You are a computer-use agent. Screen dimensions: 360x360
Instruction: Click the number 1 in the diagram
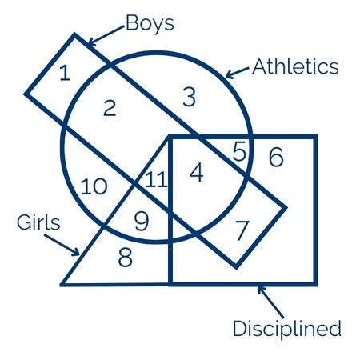pos(65,73)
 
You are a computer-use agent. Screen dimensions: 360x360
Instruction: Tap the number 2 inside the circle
pos(110,108)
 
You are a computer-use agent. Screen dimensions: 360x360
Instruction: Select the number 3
pos(190,98)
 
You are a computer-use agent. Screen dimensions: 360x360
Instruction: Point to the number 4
pos(197,173)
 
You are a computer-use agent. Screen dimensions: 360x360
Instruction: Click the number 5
pos(239,151)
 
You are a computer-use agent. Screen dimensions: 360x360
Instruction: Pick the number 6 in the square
pos(276,158)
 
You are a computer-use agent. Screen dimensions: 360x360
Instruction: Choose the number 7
pos(242,230)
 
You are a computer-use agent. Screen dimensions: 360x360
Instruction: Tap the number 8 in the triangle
pos(125,258)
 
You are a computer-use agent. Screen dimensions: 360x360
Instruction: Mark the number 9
pos(142,222)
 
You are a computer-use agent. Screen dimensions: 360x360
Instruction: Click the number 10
pos(94,186)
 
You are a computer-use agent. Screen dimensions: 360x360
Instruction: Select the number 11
pos(157,179)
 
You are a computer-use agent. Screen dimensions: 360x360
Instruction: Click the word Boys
pos(150,23)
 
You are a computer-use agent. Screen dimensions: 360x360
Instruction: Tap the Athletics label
pos(295,66)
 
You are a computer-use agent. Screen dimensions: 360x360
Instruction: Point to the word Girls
pos(38,222)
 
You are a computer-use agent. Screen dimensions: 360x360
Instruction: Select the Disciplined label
pos(287,330)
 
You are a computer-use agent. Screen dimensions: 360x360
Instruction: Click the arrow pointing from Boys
pos(106,36)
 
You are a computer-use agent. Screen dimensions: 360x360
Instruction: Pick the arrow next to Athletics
pos(238,73)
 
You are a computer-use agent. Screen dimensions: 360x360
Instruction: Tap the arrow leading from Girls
pos(62,245)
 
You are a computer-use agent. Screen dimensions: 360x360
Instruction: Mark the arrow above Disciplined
pos(270,302)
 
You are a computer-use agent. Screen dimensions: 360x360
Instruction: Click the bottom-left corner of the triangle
pos(61,285)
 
